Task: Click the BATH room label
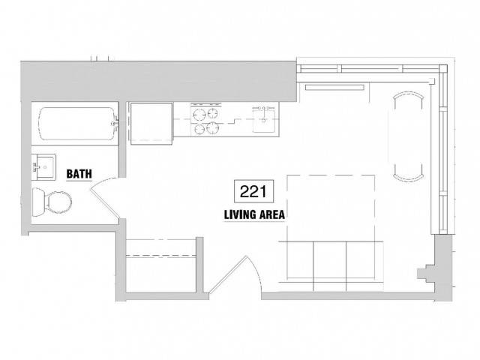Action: [79, 174]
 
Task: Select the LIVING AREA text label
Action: [254, 214]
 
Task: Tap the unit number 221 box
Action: [253, 191]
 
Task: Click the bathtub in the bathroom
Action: [78, 124]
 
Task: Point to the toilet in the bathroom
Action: [52, 202]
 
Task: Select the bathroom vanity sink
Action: [43, 167]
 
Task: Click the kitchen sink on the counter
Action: [263, 120]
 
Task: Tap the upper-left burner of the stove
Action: [199, 115]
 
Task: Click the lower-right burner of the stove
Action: [212, 127]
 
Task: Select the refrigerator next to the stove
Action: [151, 123]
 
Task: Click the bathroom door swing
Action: [105, 198]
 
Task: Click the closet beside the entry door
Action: [161, 265]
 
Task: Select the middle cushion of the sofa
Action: [330, 266]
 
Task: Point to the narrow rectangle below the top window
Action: [334, 88]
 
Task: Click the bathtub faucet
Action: [115, 123]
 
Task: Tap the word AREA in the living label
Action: [272, 214]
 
